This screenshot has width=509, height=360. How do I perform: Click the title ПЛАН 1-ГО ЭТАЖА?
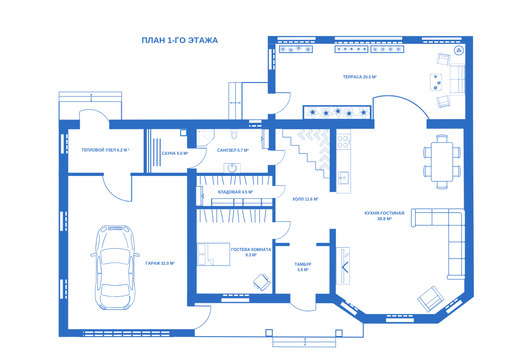(x=179, y=41)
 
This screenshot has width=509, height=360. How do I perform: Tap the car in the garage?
(x=115, y=268)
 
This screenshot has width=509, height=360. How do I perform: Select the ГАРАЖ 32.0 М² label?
(x=160, y=263)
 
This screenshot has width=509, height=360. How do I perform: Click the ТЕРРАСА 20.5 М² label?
(x=360, y=77)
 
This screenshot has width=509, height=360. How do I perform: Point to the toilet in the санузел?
(x=234, y=134)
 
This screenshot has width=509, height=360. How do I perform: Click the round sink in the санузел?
(x=232, y=168)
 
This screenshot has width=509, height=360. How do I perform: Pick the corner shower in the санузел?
(x=205, y=138)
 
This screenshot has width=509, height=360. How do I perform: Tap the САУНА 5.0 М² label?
(x=175, y=153)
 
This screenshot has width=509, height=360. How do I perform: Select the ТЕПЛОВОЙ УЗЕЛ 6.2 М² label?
(x=105, y=150)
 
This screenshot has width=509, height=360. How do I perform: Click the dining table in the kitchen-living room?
(x=442, y=161)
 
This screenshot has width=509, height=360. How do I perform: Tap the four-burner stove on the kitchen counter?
(x=343, y=142)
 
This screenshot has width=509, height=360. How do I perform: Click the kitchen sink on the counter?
(x=343, y=178)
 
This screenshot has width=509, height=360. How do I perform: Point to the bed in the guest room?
(x=213, y=254)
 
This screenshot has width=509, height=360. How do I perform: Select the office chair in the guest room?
(x=262, y=282)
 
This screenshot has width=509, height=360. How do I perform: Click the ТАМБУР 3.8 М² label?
(x=303, y=267)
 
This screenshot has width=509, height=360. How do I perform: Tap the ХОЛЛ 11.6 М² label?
(x=305, y=199)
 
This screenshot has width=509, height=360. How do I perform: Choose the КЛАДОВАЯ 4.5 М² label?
(x=235, y=192)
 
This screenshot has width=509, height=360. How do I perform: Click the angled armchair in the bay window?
(x=431, y=299)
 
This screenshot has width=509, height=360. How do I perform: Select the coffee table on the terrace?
(x=435, y=82)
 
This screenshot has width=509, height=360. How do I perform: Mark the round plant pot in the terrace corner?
(x=458, y=50)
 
